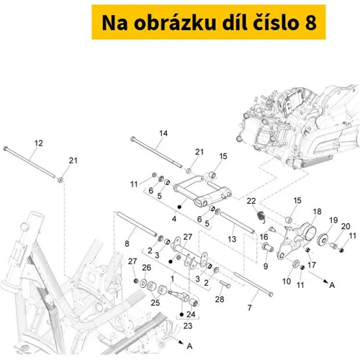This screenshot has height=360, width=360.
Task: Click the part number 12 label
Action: (x=39, y=143)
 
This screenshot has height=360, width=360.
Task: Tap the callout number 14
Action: (x=163, y=133)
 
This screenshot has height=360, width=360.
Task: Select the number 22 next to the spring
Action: (x=251, y=201)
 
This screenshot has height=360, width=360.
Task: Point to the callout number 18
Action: (x=317, y=212)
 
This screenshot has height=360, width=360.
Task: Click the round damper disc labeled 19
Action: (x=323, y=238)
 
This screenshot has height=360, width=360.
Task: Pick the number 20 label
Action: (x=346, y=226)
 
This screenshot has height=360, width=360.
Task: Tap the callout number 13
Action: (x=232, y=239)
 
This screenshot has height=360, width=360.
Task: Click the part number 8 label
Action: (x=127, y=244)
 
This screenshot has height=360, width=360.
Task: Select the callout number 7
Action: (x=250, y=307)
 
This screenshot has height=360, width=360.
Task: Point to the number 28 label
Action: (x=220, y=300)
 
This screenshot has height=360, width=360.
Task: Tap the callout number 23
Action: (x=188, y=326)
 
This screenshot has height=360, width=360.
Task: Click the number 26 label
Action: (x=147, y=268)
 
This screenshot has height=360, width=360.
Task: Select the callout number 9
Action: (x=266, y=266)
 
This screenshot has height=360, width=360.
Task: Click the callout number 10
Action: (x=287, y=282)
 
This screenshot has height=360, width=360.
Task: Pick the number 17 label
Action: (x=312, y=265)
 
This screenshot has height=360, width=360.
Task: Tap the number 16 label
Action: (x=264, y=237)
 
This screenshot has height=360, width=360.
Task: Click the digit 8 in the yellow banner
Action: (x=311, y=23)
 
